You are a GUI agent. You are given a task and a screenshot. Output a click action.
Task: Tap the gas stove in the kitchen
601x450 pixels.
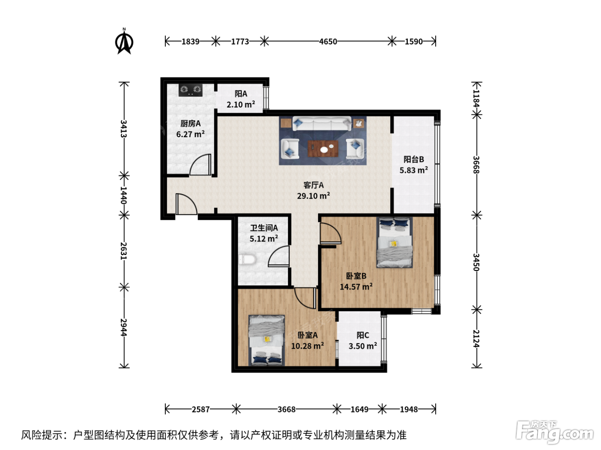pyautogui.click(x=191, y=90)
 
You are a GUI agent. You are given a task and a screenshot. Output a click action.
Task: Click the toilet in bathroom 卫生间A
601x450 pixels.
pyautogui.click(x=247, y=259)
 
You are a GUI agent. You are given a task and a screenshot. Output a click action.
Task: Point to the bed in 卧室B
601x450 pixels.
pyautogui.click(x=394, y=242)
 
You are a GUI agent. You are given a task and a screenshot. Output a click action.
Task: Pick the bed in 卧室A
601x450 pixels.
pyautogui.click(x=267, y=340)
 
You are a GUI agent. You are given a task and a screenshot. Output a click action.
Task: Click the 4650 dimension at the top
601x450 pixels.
pyautogui.click(x=328, y=42)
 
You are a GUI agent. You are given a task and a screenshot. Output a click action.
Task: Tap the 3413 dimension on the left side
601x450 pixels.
pyautogui.click(x=124, y=129)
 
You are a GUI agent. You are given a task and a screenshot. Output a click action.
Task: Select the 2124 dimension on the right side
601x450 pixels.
pyautogui.click(x=477, y=339)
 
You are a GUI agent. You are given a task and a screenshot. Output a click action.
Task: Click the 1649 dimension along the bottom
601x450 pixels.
pyautogui.click(x=359, y=409)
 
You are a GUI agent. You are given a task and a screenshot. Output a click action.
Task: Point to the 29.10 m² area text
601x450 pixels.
pyautogui.click(x=313, y=196)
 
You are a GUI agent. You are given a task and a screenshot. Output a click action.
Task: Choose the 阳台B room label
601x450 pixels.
pyautogui.click(x=414, y=159)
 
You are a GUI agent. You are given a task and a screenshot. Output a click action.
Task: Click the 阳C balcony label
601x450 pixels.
pyautogui.click(x=363, y=335)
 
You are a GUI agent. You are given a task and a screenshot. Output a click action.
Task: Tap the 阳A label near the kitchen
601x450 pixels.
pyautogui.click(x=241, y=94)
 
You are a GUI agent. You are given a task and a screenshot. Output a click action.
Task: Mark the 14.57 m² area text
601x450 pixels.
pyautogui.click(x=356, y=287)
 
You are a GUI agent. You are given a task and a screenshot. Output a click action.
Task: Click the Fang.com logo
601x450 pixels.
pyautogui.click(x=555, y=432)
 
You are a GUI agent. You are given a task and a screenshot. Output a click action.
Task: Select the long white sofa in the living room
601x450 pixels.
pyautogui.click(x=322, y=123)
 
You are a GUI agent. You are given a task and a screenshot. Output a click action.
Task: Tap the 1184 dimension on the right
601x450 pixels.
pyautogui.click(x=477, y=99)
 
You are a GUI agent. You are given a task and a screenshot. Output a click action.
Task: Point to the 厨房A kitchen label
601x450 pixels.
pyautogui.click(x=191, y=123)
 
